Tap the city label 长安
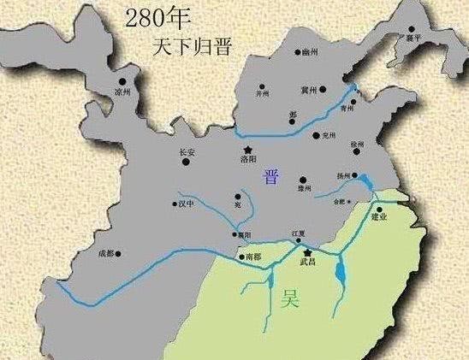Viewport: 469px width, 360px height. (187, 153)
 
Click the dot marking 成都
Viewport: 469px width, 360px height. (119, 254)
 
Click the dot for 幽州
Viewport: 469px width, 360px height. (295, 52)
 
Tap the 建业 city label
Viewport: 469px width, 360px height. (379, 217)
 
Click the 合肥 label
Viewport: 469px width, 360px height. (341, 201)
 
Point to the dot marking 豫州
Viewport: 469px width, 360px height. (302, 180)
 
